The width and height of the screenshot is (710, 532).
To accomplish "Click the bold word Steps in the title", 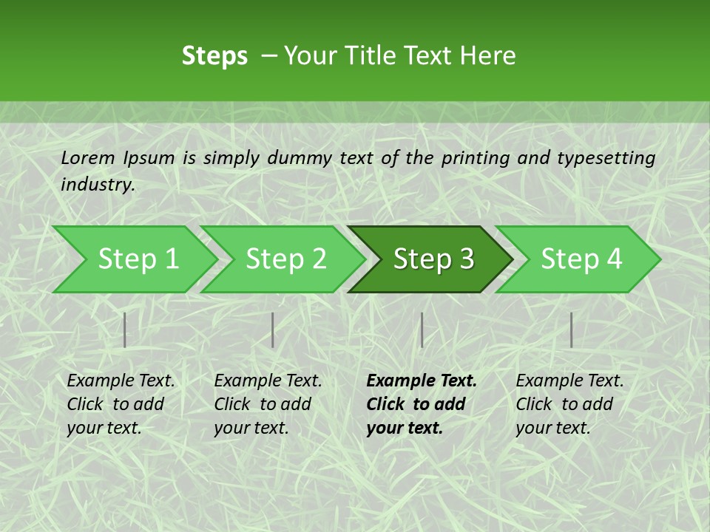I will (x=214, y=56).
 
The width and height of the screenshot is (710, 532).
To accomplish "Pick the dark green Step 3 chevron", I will (x=431, y=259).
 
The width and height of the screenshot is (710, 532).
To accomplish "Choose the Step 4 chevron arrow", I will (x=579, y=259).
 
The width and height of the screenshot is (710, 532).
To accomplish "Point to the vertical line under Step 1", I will (x=125, y=330).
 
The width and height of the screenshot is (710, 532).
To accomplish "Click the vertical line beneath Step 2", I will (x=273, y=330).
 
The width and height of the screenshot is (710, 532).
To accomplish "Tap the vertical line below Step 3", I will (x=422, y=330).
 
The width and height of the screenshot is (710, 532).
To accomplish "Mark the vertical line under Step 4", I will (x=571, y=330).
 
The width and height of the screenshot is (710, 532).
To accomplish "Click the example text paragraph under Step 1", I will (x=121, y=404).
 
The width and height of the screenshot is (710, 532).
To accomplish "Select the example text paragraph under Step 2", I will (x=268, y=404).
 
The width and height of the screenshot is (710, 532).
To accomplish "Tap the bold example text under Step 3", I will (x=421, y=404).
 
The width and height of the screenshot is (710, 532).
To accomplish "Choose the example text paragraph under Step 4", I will (x=569, y=404).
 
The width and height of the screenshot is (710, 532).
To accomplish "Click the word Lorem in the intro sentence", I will (x=88, y=158).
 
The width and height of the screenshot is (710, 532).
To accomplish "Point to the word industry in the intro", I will (x=97, y=185).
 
